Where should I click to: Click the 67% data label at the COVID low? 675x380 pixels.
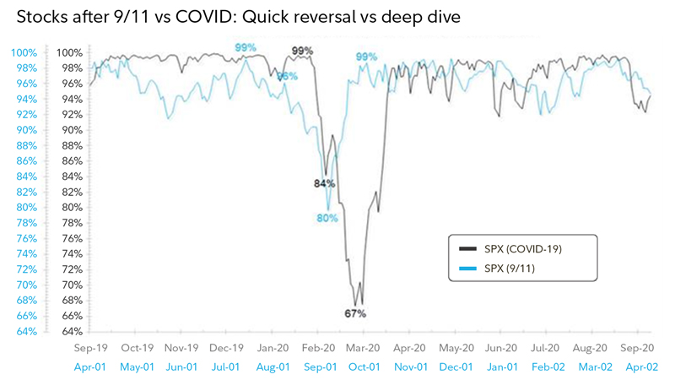tap(354, 313)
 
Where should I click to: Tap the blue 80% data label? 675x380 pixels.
tap(327, 218)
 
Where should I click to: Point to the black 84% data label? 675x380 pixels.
tap(325, 183)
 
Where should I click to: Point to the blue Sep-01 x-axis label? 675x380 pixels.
tap(319, 366)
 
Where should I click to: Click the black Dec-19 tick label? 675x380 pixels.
tap(227, 347)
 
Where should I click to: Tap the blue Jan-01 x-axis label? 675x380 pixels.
tap(501, 366)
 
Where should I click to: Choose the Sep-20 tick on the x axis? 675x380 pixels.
tap(638, 347)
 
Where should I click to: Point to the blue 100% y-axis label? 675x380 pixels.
tap(23, 53)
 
